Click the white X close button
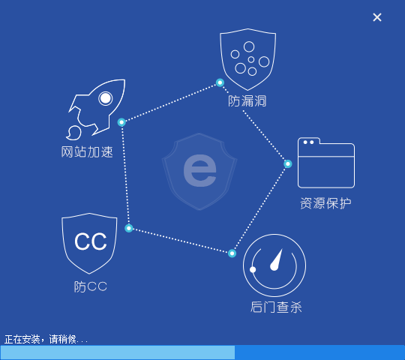coord(377,17)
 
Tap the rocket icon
coord(96,109)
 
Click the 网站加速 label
coord(87,151)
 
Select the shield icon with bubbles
coord(248,59)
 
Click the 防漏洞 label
coord(247,101)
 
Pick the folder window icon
coord(326,163)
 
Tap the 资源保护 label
coord(325,203)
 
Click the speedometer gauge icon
coord(274,265)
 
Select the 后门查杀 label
coord(276,307)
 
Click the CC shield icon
coord(89,243)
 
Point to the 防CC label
coord(91,286)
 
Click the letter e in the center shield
coord(199,170)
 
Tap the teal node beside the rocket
coord(121,122)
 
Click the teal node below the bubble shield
coord(220,82)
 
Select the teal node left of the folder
coord(288,163)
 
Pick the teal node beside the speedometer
coord(232,253)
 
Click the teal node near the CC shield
coord(129,228)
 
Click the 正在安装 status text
coord(22,339)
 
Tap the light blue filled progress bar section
coord(118,352)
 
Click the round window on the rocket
coord(106,98)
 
